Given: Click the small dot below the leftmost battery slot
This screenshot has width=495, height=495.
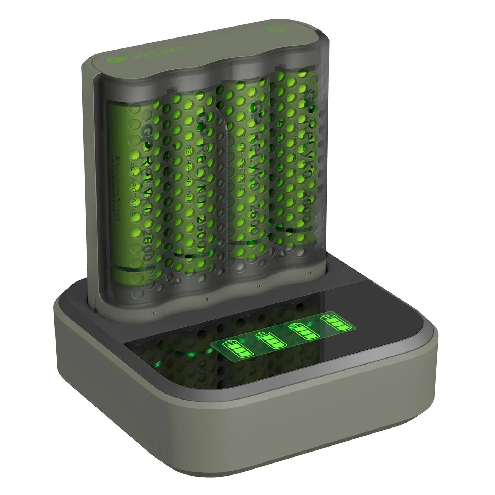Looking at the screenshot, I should pos(152,313).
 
